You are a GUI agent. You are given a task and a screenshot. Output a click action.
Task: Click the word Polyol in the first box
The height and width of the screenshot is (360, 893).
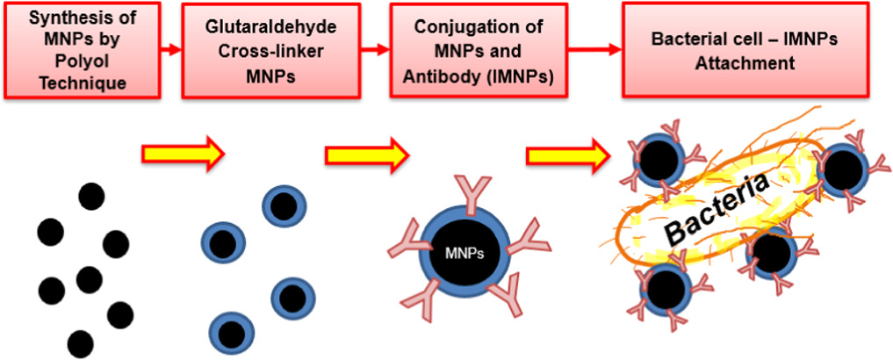(x=81, y=62)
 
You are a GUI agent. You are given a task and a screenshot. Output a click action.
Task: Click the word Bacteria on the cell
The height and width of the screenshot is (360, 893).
(x=717, y=208)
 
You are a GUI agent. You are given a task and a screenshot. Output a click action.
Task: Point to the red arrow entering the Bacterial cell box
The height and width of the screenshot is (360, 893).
(x=599, y=50)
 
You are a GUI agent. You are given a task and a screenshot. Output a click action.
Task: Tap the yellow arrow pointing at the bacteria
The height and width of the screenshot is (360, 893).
(x=567, y=155)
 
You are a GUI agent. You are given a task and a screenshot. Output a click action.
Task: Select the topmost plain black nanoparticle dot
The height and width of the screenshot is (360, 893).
(x=91, y=196)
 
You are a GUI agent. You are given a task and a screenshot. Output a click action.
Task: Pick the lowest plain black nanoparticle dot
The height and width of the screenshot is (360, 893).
(x=80, y=343)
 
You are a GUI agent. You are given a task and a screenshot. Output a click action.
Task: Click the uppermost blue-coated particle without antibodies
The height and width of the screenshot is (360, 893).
(x=283, y=205)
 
